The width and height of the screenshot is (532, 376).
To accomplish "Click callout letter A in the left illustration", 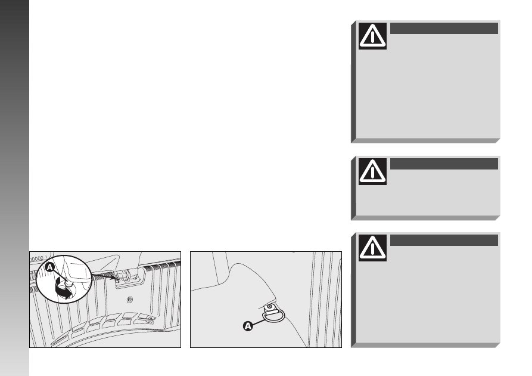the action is [49, 267].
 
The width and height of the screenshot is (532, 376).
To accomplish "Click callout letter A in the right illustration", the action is [248, 326].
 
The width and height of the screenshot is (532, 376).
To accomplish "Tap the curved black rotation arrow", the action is [63, 288].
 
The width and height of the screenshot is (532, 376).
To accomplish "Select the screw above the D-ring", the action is [269, 307].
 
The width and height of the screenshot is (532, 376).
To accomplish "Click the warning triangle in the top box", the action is [372, 36].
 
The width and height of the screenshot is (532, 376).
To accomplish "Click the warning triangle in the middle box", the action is [372, 171].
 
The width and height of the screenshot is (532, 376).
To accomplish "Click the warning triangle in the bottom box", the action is [372, 248].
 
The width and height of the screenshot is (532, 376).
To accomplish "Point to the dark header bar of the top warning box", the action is [444, 28].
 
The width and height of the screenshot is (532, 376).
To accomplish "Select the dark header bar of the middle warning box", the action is [444, 164].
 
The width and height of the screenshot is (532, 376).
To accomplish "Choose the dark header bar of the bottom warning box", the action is [444, 240].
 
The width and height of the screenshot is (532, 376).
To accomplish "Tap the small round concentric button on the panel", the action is [130, 300].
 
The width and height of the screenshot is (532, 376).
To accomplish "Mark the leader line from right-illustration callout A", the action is [258, 322].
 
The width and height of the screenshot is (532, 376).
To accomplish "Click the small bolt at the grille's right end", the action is [150, 319].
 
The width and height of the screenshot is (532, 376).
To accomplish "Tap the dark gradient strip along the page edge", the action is [14, 188].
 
